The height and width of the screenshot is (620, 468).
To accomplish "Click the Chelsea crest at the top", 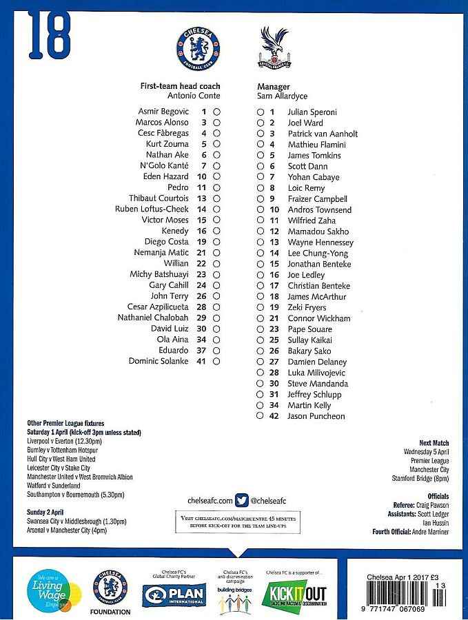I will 199,49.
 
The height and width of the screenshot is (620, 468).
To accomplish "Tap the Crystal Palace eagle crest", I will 274,48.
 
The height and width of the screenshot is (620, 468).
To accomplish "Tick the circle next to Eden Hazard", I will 216,176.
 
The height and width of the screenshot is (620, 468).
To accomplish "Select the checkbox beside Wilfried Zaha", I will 260,220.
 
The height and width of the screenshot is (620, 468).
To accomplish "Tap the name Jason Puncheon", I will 316,416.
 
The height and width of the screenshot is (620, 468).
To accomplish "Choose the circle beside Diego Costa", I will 216,242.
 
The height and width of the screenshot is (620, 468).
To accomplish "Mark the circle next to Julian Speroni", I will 260,112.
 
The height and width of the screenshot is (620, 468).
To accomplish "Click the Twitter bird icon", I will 241,500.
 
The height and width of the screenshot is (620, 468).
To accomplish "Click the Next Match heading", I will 434,443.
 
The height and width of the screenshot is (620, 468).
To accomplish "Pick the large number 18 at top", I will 50,36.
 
